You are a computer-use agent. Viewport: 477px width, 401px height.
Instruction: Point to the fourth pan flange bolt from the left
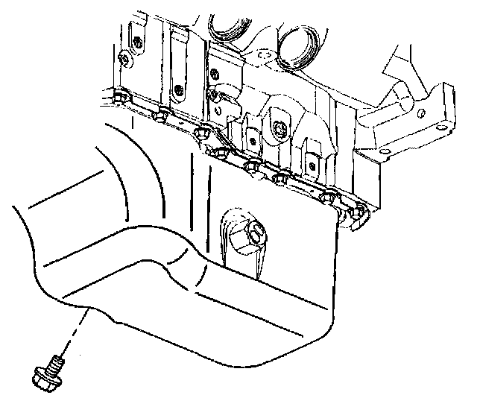(x=219, y=152)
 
